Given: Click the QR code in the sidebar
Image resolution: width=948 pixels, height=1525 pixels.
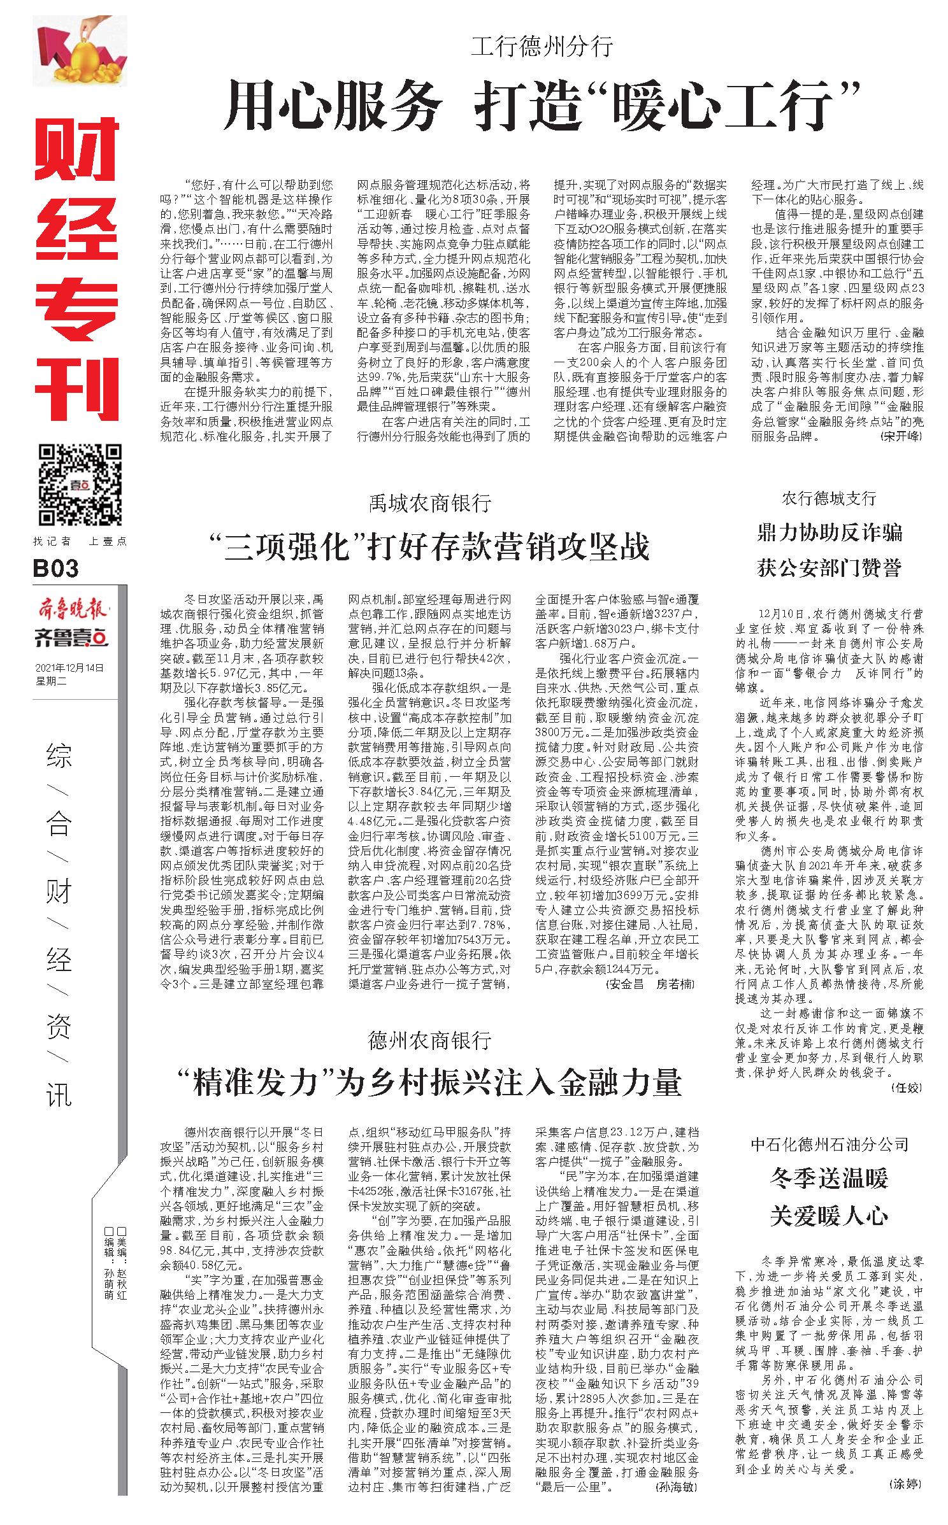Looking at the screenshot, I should click(80, 485).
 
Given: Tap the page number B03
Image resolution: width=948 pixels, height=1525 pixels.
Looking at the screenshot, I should click(57, 568).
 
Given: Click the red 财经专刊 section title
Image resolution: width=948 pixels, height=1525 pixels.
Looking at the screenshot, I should click(77, 267).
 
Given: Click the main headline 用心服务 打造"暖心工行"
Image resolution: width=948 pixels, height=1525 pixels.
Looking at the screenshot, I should click(541, 105).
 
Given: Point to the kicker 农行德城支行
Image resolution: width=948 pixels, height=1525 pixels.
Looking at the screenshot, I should click(829, 498).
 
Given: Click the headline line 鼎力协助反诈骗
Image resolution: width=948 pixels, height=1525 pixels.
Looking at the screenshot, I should click(829, 532).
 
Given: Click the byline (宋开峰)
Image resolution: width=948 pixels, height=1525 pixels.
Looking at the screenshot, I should click(900, 437).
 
